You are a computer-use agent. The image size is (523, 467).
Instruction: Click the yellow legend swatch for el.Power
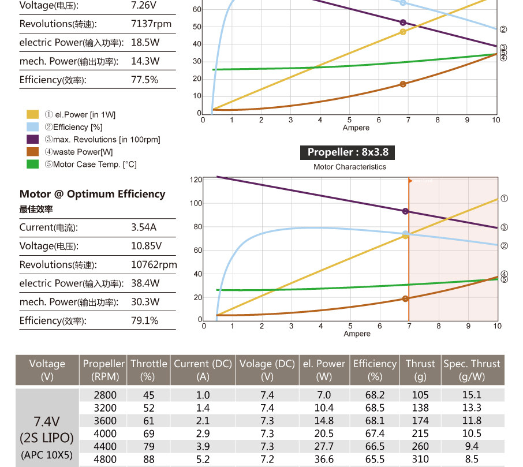33,115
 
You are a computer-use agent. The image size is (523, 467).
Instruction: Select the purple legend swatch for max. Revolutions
33,140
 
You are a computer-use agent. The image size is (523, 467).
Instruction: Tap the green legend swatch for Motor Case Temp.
33,165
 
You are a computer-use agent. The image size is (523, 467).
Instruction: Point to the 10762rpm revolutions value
154,264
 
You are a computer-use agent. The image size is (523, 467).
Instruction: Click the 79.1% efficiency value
145,320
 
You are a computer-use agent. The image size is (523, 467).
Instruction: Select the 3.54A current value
144,227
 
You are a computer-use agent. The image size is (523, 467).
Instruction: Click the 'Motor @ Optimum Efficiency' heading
92,195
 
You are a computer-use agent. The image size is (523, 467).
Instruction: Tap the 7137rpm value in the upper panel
151,24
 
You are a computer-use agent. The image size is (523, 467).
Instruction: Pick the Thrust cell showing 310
420,459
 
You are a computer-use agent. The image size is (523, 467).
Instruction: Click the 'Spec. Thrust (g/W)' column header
472,369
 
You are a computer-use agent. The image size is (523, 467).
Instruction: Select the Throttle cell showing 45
148,395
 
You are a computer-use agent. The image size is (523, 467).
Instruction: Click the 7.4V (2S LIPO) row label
47,427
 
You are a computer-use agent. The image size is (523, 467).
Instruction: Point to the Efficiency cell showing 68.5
375,408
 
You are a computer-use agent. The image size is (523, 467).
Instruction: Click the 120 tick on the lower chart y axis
196,180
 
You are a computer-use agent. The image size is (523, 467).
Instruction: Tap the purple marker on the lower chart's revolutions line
405,211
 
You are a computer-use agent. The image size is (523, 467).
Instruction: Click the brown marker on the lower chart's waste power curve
405,298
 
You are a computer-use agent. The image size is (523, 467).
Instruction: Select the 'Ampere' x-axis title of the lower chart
357,334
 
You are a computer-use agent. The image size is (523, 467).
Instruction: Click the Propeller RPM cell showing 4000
105,434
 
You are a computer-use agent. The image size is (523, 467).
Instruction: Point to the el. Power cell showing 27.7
324,446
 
